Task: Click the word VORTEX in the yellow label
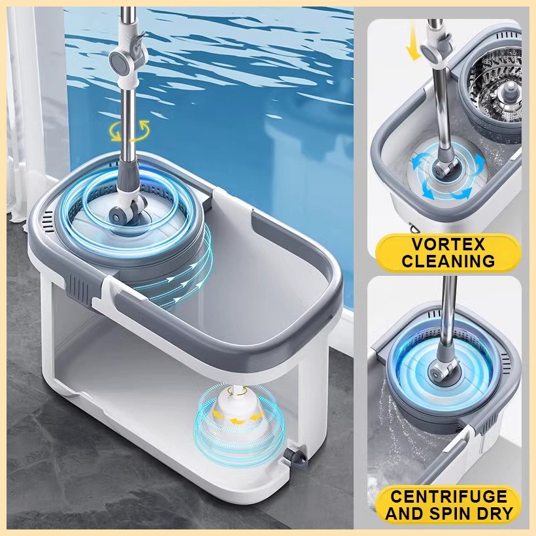(448, 245)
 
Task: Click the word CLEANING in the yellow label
(448, 261)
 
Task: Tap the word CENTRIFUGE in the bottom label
(448, 497)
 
